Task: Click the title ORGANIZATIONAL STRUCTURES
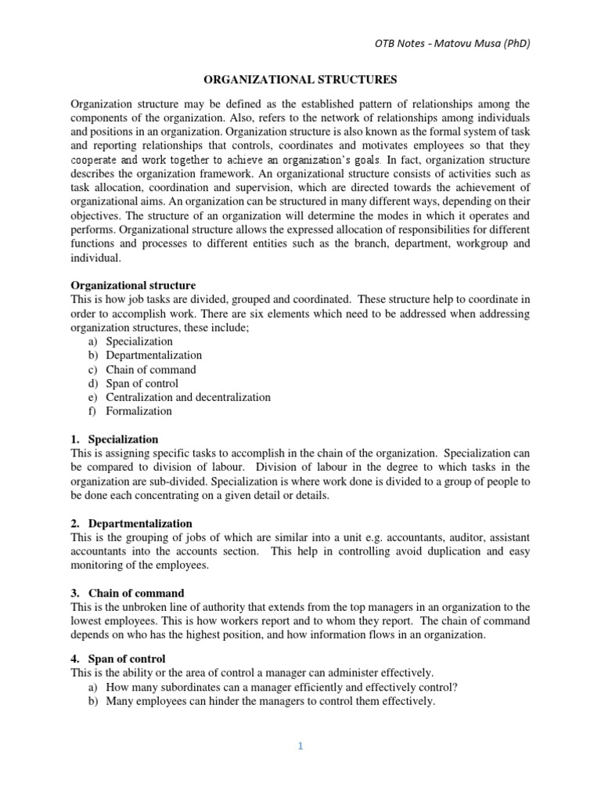coord(300,79)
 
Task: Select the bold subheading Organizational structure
coord(133,285)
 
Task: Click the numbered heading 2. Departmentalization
coord(131,523)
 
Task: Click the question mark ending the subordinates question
coord(455,688)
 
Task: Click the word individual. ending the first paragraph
coord(96,258)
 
